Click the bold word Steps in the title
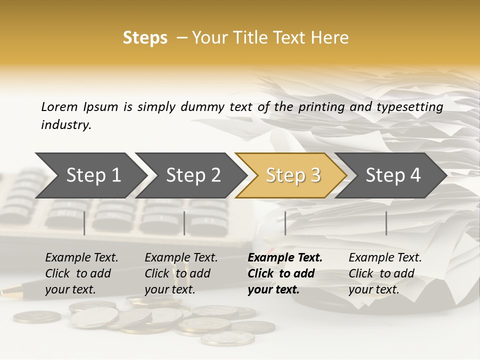pos(145,38)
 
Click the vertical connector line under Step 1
pos(84,223)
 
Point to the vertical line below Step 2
pos(184,223)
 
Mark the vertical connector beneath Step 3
pos(285,223)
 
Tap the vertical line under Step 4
pos(386,223)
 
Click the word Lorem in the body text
pos(59,106)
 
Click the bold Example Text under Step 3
pos(285,257)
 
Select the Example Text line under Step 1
pos(81,257)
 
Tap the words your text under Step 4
pos(373,289)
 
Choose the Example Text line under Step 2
pos(181,257)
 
